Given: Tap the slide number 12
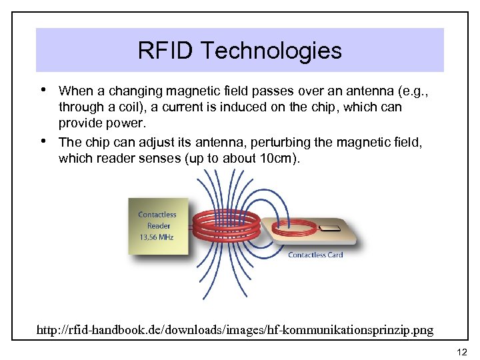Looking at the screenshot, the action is point(462,352).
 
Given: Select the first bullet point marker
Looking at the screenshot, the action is point(43,89).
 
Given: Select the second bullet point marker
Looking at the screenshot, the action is point(43,141).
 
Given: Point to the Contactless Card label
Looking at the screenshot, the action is point(315,255).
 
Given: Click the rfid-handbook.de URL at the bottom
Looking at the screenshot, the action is point(235,329).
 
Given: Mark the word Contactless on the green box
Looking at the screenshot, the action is point(157,215).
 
